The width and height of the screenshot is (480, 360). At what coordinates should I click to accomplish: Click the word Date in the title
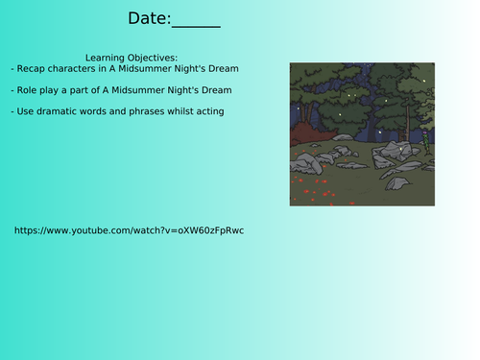pos(149,18)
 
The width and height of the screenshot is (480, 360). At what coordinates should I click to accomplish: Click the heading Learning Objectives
pos(132,58)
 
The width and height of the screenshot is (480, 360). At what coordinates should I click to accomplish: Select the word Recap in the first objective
pos(35,69)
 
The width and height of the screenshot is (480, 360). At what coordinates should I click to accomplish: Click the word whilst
pos(184,111)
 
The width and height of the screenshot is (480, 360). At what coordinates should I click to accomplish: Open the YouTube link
pos(130,230)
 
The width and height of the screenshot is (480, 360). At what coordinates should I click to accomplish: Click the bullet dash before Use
pos(13,111)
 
